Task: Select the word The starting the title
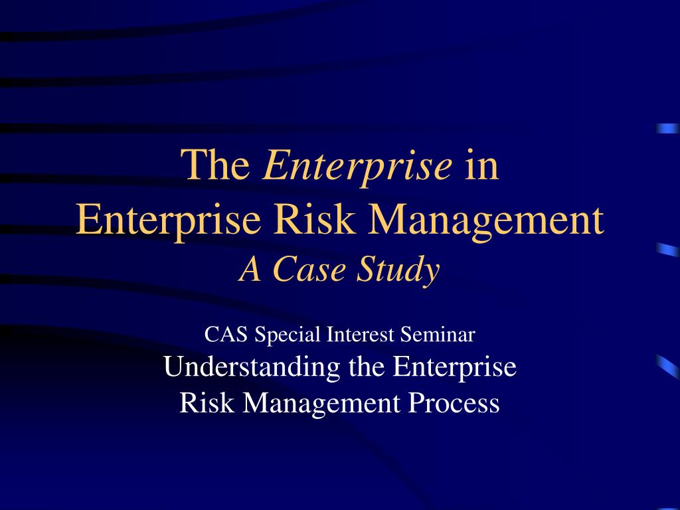216,165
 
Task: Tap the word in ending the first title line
482,165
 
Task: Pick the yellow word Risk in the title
314,219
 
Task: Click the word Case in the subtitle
309,270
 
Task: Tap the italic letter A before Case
250,270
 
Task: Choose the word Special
287,335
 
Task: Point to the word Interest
361,335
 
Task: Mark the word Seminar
437,335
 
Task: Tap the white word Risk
207,403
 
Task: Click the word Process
454,403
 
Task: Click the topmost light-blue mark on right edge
668,128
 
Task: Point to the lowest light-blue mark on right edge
668,367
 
